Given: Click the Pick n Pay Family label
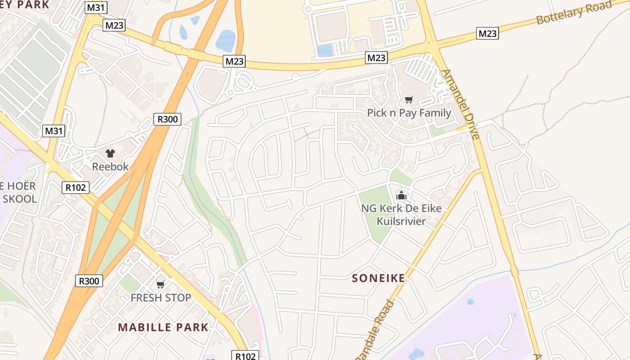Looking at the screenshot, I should click(409, 113).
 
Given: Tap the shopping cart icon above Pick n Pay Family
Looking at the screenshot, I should click(409, 100).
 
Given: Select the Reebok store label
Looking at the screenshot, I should click(110, 166).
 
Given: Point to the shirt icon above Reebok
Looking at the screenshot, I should click(110, 153).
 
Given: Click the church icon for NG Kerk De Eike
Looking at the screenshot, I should click(401, 195).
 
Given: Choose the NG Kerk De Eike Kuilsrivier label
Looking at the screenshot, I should click(401, 215).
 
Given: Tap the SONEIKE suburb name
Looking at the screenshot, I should click(378, 278).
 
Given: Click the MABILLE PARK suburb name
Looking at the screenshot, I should click(163, 327).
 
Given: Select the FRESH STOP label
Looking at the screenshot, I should click(161, 297).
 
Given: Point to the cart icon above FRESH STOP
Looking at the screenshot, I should click(160, 284).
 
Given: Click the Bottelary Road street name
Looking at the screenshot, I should click(574, 13).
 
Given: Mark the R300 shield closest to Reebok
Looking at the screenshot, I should click(167, 119).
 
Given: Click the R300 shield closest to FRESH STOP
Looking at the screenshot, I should click(89, 281).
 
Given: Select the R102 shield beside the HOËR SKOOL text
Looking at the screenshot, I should click(76, 188).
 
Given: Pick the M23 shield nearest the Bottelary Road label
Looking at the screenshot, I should click(487, 33).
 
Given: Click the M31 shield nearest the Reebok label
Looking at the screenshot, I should click(54, 131).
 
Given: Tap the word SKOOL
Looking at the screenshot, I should click(20, 199).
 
